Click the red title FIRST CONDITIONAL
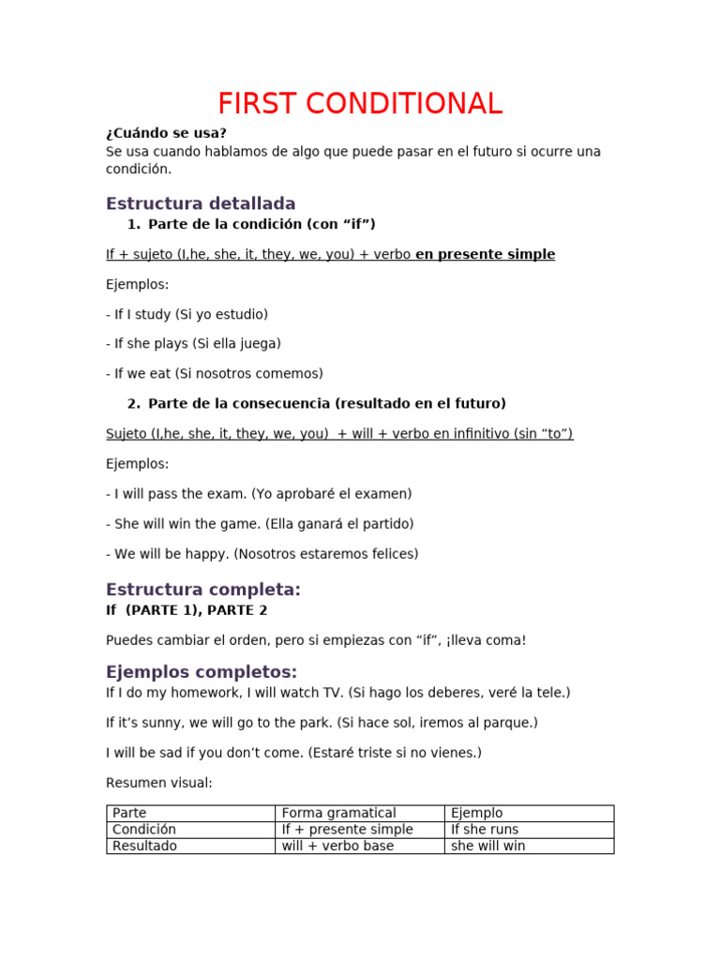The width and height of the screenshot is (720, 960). click(x=360, y=103)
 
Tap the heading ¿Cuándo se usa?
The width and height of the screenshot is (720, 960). click(x=166, y=133)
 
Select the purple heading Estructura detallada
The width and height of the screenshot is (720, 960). click(x=201, y=203)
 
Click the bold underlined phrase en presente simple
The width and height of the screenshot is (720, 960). click(x=485, y=254)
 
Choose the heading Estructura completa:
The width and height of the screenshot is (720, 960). click(x=203, y=590)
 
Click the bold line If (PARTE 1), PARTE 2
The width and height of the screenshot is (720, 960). click(x=187, y=610)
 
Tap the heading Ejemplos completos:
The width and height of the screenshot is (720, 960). click(x=202, y=672)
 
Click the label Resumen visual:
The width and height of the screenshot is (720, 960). click(x=159, y=783)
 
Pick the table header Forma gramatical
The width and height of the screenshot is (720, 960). click(x=338, y=813)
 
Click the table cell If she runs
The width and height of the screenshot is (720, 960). click(x=485, y=830)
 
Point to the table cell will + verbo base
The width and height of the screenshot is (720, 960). click(x=337, y=846)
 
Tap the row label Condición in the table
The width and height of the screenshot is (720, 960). click(x=144, y=830)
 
